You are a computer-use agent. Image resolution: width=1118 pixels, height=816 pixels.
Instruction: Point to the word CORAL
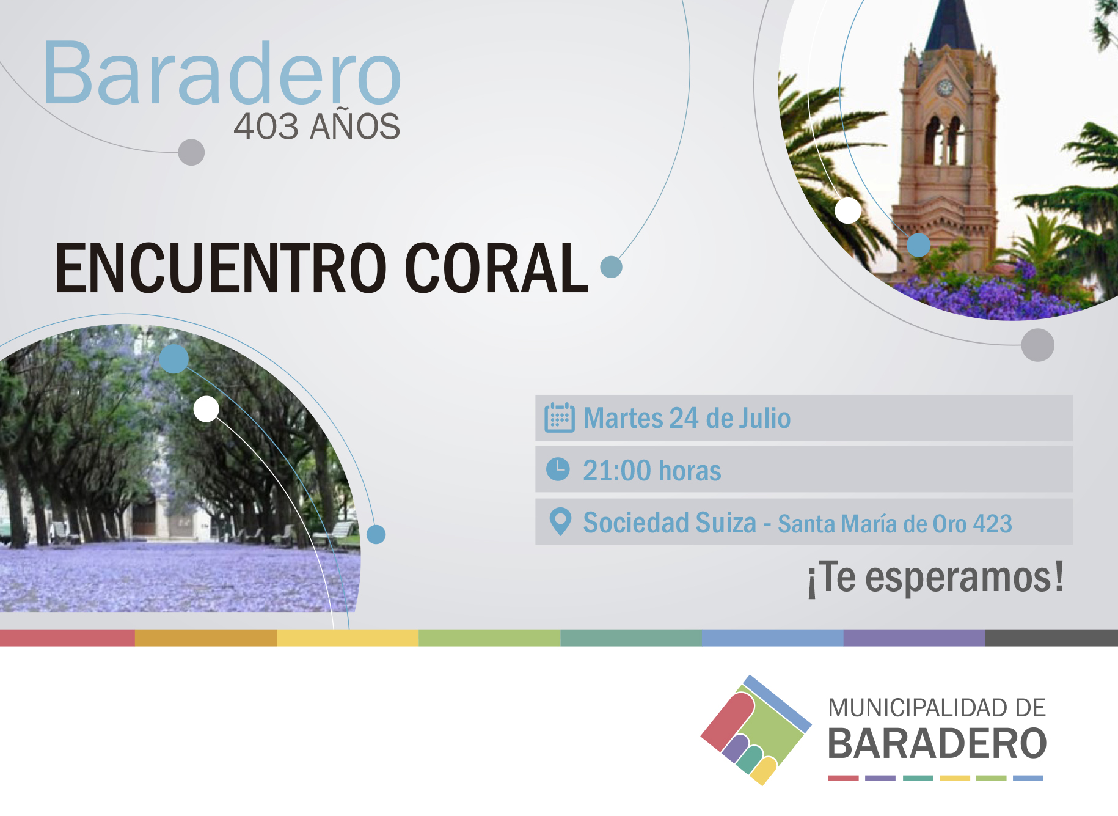[x=496, y=268]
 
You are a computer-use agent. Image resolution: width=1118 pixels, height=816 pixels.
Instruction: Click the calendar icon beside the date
[x=560, y=417]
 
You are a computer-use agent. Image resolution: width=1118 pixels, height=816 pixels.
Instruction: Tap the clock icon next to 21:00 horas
[x=558, y=469]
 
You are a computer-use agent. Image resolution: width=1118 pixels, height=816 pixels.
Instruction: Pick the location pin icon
[x=560, y=522]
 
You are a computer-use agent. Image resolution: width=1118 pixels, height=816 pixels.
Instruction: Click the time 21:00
[x=617, y=471]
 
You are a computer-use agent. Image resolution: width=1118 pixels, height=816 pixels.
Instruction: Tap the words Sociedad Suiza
[x=670, y=523]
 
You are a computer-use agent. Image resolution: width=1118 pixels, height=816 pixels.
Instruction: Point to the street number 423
[x=993, y=524]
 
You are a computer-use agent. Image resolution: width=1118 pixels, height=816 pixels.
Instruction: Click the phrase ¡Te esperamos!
[x=935, y=578]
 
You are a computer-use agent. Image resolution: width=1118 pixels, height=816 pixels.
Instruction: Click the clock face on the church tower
[x=945, y=87]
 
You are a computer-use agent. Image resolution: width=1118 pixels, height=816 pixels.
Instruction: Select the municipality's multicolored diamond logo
[x=756, y=730]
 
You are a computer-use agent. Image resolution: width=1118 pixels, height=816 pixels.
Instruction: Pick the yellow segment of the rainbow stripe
[x=348, y=638]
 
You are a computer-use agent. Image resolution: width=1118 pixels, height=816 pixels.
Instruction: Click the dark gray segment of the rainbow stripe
[x=1051, y=638]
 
